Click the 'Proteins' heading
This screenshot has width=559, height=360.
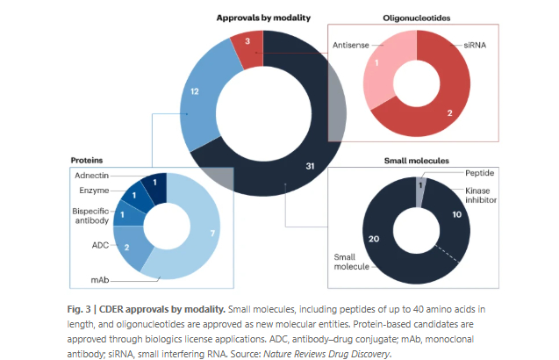pyautogui.click(x=88, y=161)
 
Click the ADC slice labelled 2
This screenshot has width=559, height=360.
pyautogui.click(x=128, y=248)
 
